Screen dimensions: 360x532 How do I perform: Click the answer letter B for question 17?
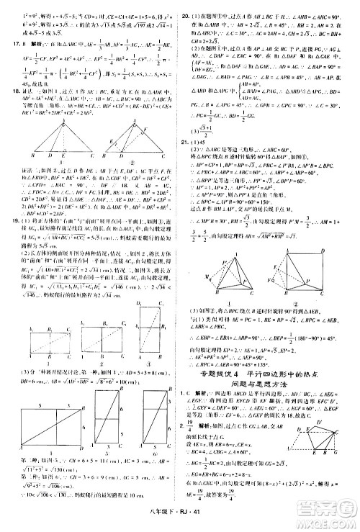click(19, 43)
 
